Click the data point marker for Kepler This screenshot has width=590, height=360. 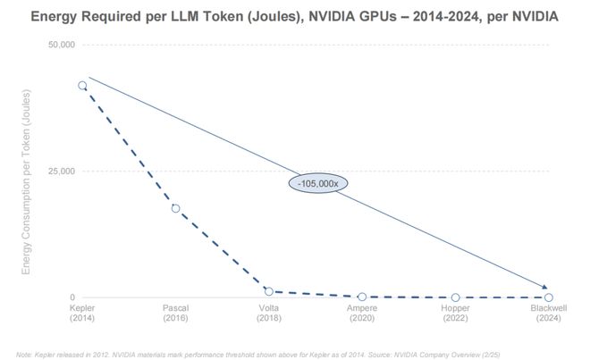tap(82, 86)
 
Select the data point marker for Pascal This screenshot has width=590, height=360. tap(175, 208)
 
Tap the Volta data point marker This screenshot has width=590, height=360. tap(268, 291)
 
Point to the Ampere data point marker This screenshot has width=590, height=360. tap(361, 297)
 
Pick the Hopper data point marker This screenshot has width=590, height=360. tap(455, 297)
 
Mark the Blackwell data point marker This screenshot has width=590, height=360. tap(548, 297)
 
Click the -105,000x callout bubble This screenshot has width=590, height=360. tap(317, 182)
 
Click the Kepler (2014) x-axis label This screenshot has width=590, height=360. tap(82, 313)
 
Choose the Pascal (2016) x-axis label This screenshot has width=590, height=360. tap(175, 313)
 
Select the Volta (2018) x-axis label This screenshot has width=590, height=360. tap(268, 313)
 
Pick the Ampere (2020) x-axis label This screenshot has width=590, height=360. tap(361, 313)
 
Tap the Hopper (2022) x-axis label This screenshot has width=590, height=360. tap(455, 313)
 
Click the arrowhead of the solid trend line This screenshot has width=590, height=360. tap(545, 287)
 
